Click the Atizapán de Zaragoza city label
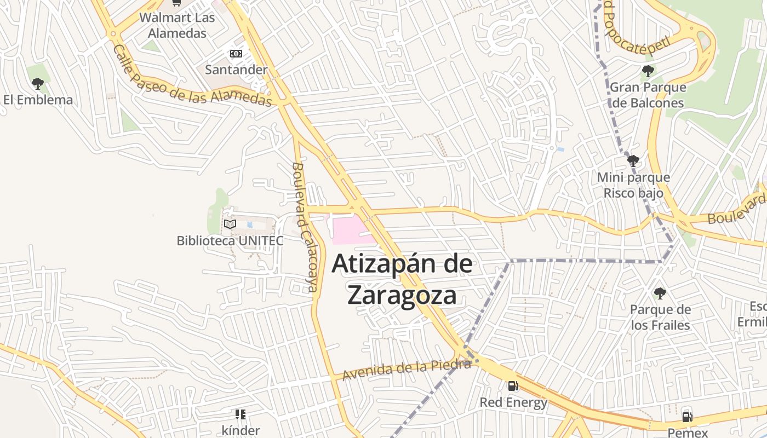(402, 279)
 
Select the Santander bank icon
(236, 54)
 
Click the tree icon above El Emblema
(38, 84)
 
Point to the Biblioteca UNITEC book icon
(230, 224)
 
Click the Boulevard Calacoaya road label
(305, 227)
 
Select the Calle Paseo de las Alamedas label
(192, 77)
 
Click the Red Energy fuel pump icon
(513, 386)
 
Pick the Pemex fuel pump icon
(687, 417)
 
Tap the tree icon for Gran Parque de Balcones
(648, 71)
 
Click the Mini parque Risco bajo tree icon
(633, 161)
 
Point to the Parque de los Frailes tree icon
(660, 293)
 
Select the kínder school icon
(241, 414)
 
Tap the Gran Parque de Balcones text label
(648, 95)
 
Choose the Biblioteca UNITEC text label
(230, 240)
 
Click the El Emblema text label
(38, 100)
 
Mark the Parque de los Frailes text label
(660, 318)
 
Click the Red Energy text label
(513, 402)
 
